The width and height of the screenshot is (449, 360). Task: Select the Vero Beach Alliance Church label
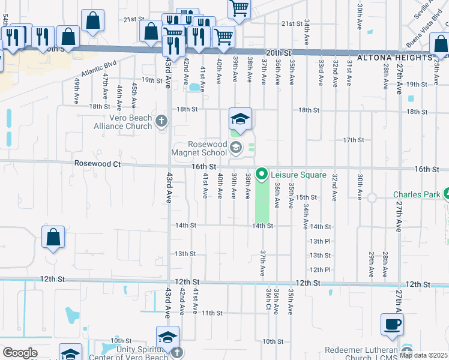(x=123, y=122)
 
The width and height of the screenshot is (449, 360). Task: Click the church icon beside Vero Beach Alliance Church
(x=161, y=122)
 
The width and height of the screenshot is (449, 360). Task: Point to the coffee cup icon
(x=392, y=325)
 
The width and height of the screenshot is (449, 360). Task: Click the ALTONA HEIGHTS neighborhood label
(x=394, y=58)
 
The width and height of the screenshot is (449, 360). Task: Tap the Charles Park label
(x=416, y=194)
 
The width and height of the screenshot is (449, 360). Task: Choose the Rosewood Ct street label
(x=97, y=163)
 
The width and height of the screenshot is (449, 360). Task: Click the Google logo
(x=20, y=352)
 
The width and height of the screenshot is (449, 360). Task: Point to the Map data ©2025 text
(x=423, y=355)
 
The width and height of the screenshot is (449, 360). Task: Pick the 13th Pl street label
(x=320, y=241)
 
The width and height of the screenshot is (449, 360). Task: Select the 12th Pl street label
(x=320, y=269)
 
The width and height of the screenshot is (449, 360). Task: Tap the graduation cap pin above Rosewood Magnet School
(x=240, y=120)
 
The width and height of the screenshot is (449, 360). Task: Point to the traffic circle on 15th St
(x=372, y=197)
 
